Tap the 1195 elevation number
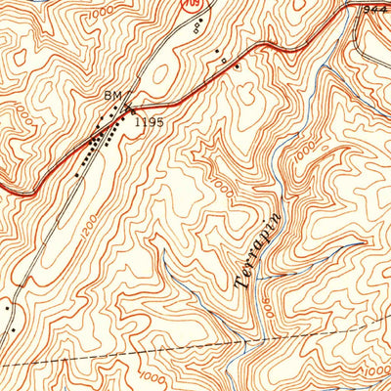[x=151, y=122]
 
